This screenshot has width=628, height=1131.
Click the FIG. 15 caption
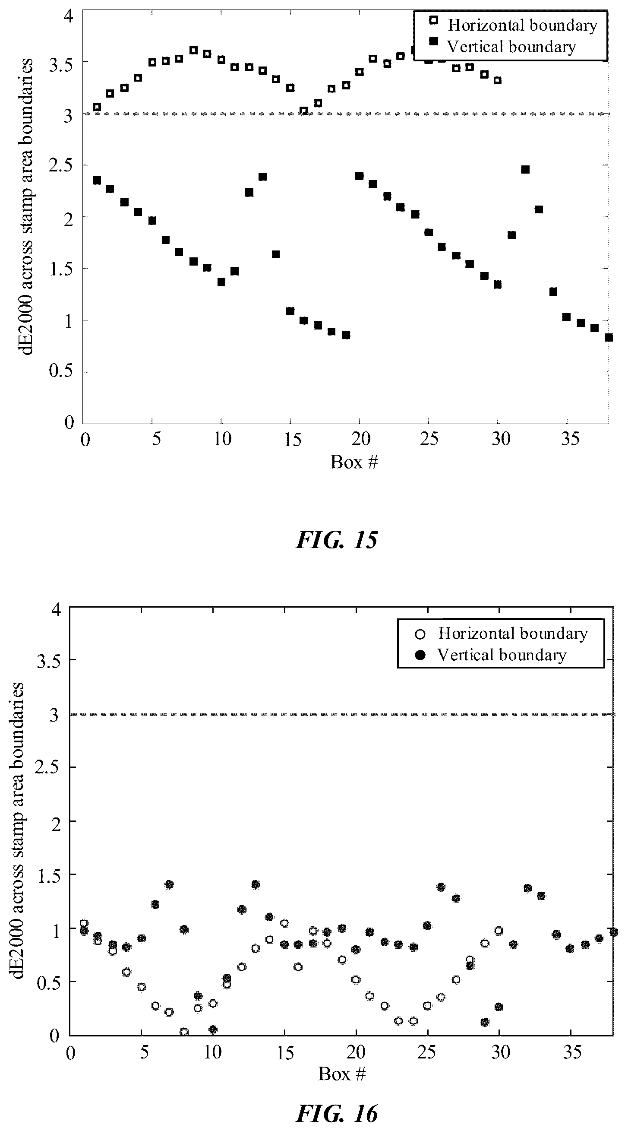(337, 540)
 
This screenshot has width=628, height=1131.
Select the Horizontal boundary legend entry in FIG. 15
(513, 25)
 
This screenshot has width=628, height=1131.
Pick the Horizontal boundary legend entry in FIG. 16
(502, 634)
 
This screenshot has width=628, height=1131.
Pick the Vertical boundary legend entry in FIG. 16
(491, 655)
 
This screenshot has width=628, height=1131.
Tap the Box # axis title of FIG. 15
(354, 462)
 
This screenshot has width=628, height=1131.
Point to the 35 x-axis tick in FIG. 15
(570, 439)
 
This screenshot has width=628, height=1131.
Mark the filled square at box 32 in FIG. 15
(525, 169)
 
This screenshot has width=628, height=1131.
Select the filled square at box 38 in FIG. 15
(608, 337)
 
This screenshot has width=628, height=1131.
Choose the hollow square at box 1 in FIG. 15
(97, 107)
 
